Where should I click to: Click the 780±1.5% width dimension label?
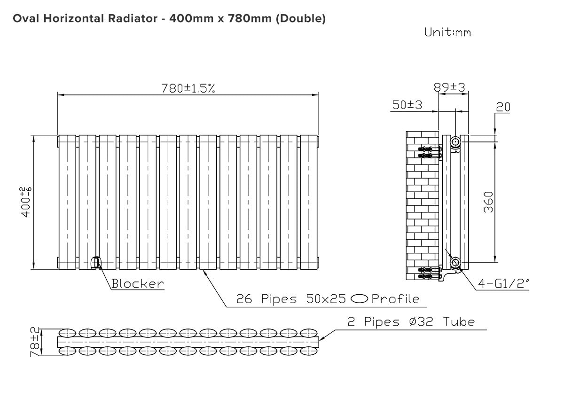pos(188,88)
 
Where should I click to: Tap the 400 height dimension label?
pos(25,202)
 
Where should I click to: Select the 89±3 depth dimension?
pos(449,87)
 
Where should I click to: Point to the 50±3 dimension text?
pos(407,105)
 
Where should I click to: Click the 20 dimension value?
pos(503,107)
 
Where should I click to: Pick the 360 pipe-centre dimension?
pos(488,203)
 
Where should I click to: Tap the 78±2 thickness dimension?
pos(35,342)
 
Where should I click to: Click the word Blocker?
pos(138,284)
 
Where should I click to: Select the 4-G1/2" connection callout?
pos(503,284)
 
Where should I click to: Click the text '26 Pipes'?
pos(266,299)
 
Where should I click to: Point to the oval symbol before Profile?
pos(359,299)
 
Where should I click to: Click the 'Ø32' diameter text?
pos(421,322)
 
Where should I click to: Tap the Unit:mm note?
pos(447,32)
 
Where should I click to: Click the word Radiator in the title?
pos(133,18)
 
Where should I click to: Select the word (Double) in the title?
pos(301,19)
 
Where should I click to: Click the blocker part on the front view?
pos(95,263)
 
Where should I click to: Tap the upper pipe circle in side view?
pos(455,142)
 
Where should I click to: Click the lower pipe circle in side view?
pos(455,263)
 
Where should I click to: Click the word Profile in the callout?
pos(396,299)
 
